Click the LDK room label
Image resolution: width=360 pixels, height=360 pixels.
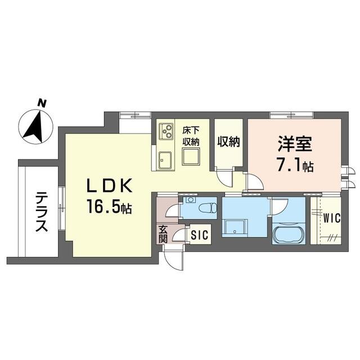[x=109, y=186]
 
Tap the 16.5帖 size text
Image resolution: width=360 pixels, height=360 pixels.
[x=109, y=206]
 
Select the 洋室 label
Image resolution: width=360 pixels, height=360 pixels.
[x=295, y=143]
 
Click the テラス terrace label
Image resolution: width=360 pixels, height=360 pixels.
[x=42, y=211]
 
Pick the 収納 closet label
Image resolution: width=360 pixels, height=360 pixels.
[x=229, y=142]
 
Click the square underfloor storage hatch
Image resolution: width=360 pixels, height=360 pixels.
[x=191, y=156]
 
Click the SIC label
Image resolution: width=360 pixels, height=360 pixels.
[x=200, y=235]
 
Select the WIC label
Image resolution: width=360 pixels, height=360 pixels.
[x=332, y=218]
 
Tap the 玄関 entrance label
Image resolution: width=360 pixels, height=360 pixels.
[x=163, y=234]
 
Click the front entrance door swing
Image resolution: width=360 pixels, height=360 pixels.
[x=174, y=258]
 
